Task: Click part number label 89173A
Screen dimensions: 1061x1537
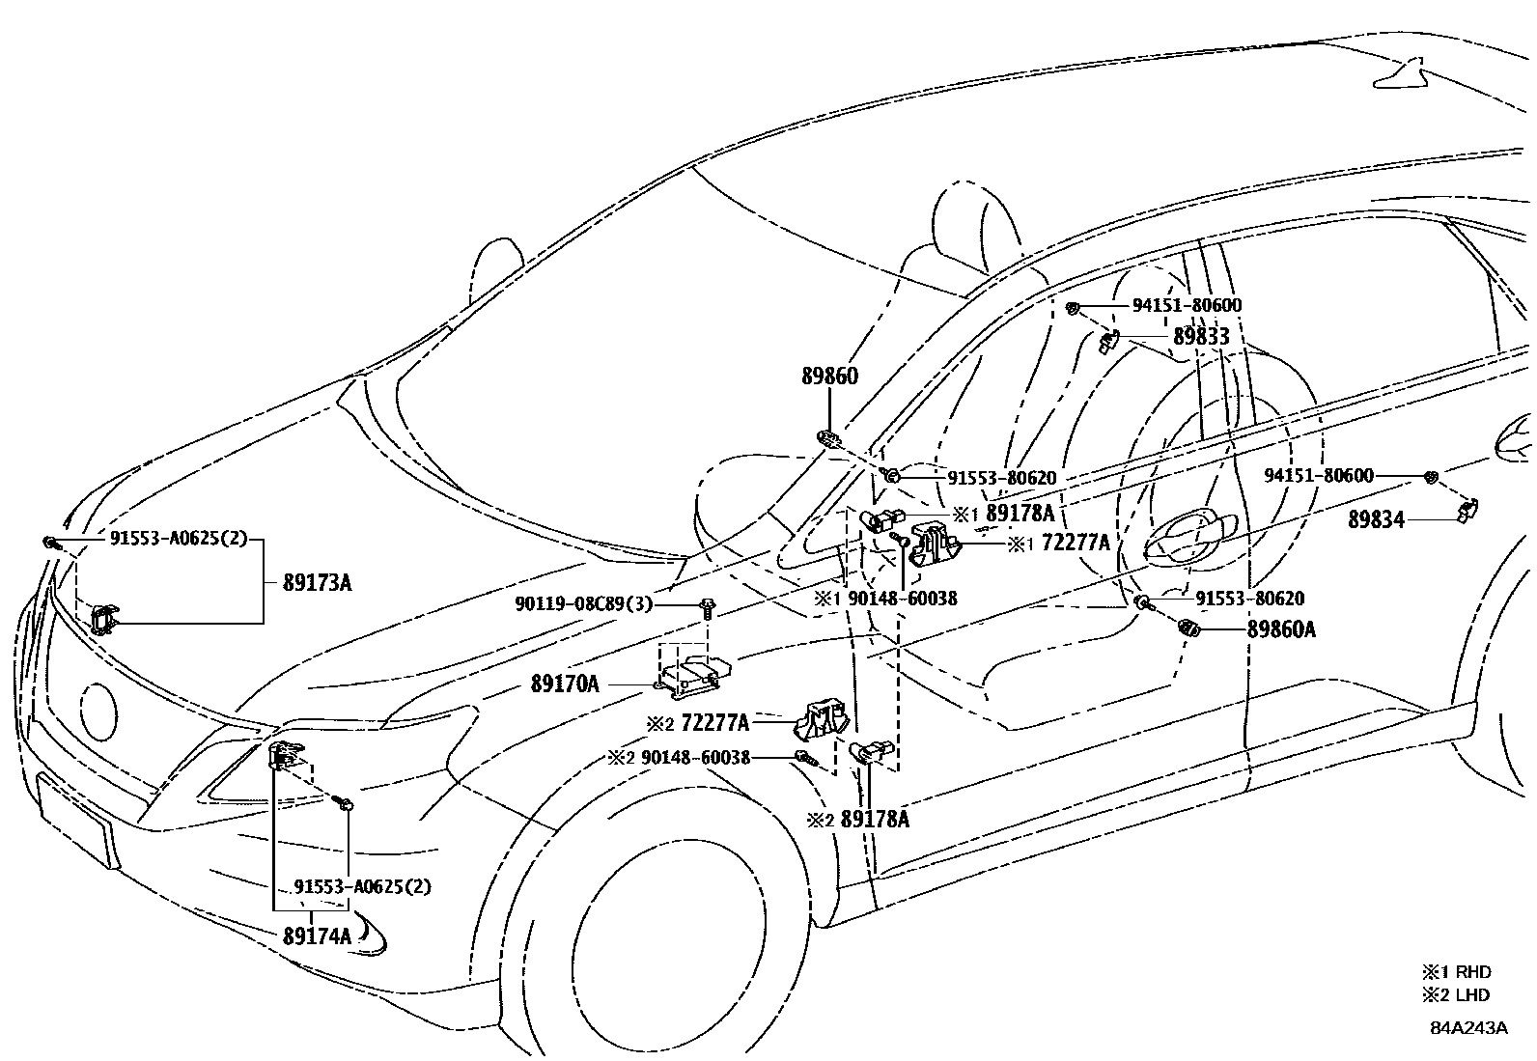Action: (317, 583)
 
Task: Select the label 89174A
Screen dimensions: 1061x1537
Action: (317, 935)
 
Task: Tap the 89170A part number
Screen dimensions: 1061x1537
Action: (565, 684)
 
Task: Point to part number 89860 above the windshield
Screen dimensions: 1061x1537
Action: (828, 377)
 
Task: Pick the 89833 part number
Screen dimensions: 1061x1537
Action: (1201, 336)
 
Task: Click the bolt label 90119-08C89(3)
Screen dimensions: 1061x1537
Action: (583, 604)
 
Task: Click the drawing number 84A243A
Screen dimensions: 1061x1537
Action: (1468, 1026)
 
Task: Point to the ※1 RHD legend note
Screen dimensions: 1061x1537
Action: (1455, 971)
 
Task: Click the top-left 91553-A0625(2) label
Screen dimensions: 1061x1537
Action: (179, 540)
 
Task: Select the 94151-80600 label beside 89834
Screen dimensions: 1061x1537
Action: (1320, 476)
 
